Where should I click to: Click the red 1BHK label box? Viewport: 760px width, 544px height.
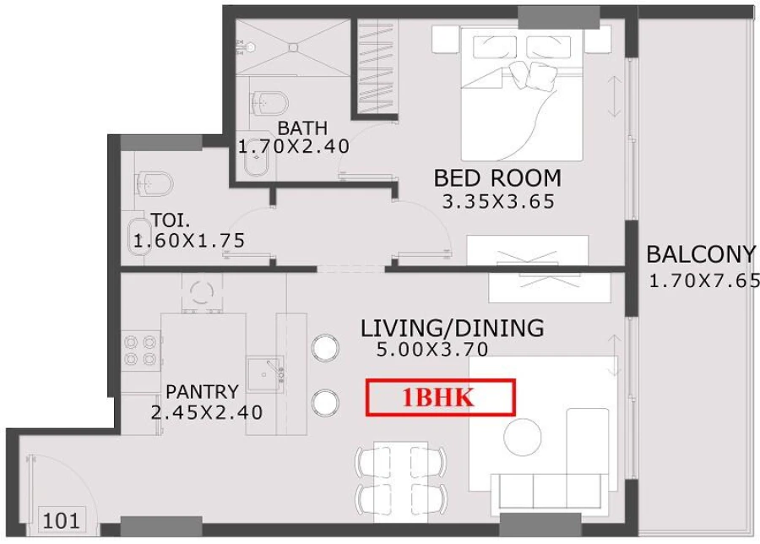(440, 398)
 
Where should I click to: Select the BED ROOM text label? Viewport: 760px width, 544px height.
(497, 178)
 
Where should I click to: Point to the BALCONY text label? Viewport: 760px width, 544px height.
(700, 254)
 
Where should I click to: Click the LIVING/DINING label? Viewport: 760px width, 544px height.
(452, 328)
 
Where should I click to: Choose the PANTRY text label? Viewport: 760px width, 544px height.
(202, 392)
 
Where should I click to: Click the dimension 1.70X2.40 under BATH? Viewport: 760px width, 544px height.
(293, 147)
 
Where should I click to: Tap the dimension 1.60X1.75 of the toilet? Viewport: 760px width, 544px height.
(189, 241)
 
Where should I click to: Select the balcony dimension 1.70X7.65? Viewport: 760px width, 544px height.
(704, 281)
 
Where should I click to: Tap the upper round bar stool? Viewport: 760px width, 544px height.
(324, 347)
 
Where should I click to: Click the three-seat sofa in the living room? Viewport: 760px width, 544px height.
(549, 489)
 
